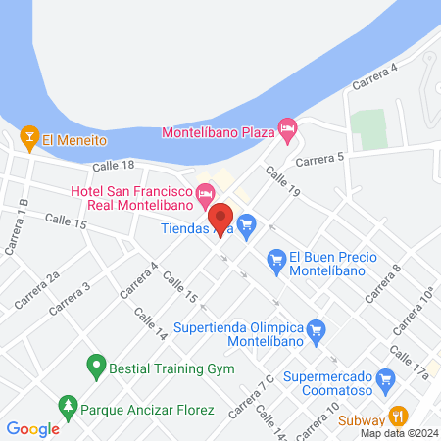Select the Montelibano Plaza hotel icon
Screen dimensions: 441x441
[x=286, y=128]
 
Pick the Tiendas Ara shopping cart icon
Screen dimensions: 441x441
[x=247, y=225]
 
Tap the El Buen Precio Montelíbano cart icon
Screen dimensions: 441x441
[x=276, y=259]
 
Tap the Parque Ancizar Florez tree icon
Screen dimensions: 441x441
[x=68, y=404]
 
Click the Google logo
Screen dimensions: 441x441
[x=32, y=428]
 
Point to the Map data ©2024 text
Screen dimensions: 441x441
[x=397, y=433]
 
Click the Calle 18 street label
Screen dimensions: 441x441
[x=112, y=167]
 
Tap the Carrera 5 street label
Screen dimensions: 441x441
[x=319, y=159]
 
